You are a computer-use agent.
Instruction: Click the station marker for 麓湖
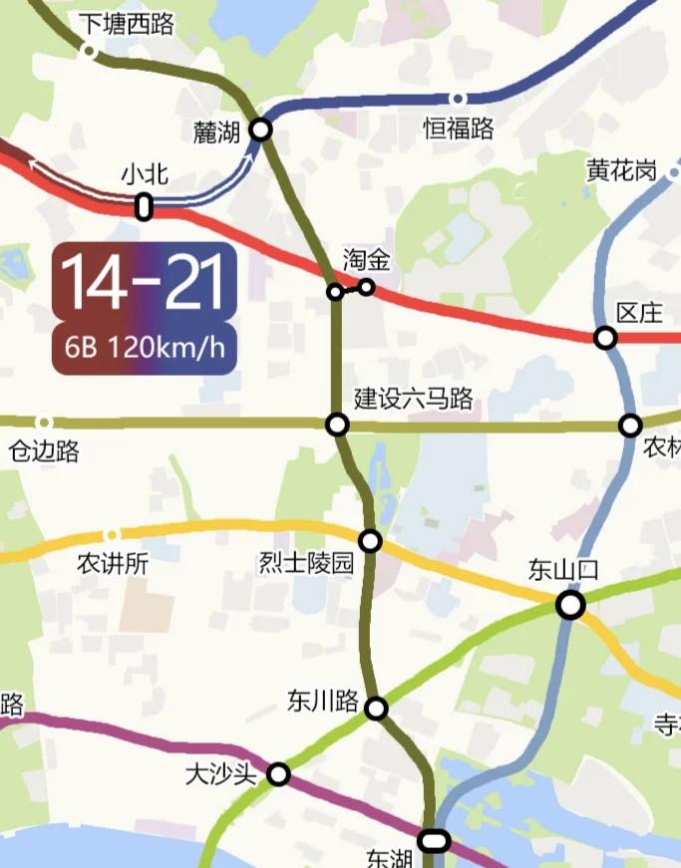(x=261, y=130)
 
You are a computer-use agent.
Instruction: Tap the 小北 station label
(x=145, y=174)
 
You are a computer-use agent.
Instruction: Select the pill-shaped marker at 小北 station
(x=145, y=207)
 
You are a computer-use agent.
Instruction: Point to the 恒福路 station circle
(x=459, y=99)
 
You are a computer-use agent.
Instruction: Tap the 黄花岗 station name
(x=621, y=170)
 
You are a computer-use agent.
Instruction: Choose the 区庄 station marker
(x=605, y=338)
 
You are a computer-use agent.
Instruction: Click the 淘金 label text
(x=366, y=261)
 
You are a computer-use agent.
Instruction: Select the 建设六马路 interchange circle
(x=338, y=426)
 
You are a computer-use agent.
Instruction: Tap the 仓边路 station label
(x=44, y=451)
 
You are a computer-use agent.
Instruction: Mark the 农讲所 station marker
(x=112, y=535)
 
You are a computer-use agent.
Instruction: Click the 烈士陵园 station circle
(x=371, y=541)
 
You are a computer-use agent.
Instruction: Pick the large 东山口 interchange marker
(x=570, y=604)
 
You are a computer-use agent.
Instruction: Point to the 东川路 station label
(x=322, y=700)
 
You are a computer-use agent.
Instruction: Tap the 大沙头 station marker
(x=279, y=773)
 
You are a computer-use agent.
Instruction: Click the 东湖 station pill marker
(x=434, y=841)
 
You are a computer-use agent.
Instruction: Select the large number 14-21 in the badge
(x=144, y=283)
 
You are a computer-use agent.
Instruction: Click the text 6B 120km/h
(x=144, y=348)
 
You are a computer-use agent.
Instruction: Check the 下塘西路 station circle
(x=89, y=50)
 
